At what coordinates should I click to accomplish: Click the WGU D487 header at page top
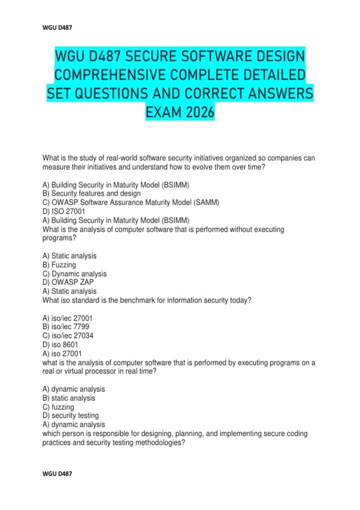click(x=57, y=28)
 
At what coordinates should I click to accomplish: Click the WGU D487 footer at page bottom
click(x=57, y=474)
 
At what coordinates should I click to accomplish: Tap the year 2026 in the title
click(x=200, y=112)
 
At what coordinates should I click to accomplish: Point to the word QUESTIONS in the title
click(x=111, y=93)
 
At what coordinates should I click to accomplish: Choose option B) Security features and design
click(x=91, y=193)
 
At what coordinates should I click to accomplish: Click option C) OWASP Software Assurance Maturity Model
click(x=131, y=202)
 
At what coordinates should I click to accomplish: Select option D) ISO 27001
click(x=64, y=211)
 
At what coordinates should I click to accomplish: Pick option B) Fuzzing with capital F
click(x=59, y=265)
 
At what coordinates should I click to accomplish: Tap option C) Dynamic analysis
click(x=75, y=274)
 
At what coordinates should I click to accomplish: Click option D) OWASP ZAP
click(x=68, y=282)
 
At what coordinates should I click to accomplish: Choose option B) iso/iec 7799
click(x=66, y=327)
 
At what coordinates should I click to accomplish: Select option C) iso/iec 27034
click(x=68, y=336)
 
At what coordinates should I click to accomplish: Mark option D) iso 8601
click(x=60, y=345)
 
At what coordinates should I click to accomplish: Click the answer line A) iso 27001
click(x=62, y=354)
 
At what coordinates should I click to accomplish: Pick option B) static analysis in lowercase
click(x=69, y=398)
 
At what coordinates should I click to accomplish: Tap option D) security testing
click(x=71, y=415)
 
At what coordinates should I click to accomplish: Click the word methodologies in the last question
click(x=160, y=442)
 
